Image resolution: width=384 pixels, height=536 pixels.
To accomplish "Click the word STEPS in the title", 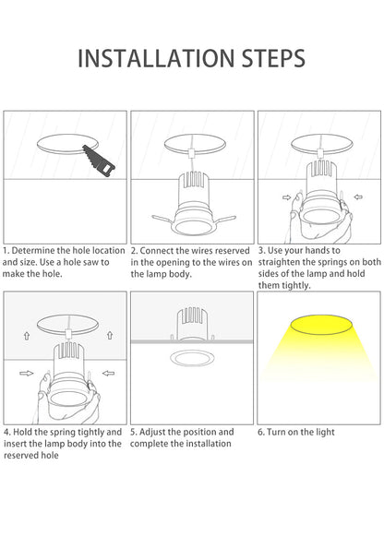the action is pos(273,58).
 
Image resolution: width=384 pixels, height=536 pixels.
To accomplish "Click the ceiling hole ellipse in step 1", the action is pos(67,144).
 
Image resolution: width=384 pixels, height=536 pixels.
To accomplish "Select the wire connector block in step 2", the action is pos(191,152).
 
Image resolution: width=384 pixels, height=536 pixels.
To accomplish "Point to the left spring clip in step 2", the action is pos(164,219).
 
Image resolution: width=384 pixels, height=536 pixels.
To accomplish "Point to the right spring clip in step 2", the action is pos(224,219).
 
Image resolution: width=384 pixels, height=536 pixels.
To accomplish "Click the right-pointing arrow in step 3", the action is pos(286,197).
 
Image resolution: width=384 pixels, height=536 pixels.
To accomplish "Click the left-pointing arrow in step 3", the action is pos(358,197).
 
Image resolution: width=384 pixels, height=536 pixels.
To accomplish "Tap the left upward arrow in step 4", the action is pos(27,336).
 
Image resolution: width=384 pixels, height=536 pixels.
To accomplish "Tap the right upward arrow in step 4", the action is pos(110,335).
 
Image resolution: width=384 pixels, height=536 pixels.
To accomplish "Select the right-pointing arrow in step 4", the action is pos(27,374).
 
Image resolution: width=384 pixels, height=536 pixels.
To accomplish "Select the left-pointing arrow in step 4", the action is pos(108,373).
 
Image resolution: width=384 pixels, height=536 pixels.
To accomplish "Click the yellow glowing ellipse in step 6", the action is pos(321,325).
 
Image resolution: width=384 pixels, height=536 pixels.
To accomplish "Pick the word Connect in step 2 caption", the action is pos(157,251).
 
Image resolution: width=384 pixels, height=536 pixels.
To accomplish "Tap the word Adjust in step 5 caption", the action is pos(151,433).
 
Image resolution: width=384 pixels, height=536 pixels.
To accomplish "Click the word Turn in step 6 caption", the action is pos(276,432).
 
